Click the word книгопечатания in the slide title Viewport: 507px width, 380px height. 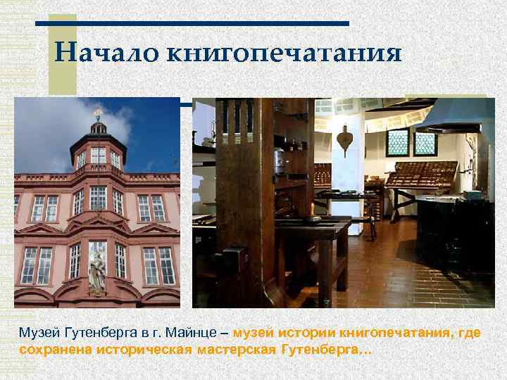pos(285,55)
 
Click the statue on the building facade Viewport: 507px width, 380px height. pos(97,268)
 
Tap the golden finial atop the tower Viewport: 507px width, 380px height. pos(98,112)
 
